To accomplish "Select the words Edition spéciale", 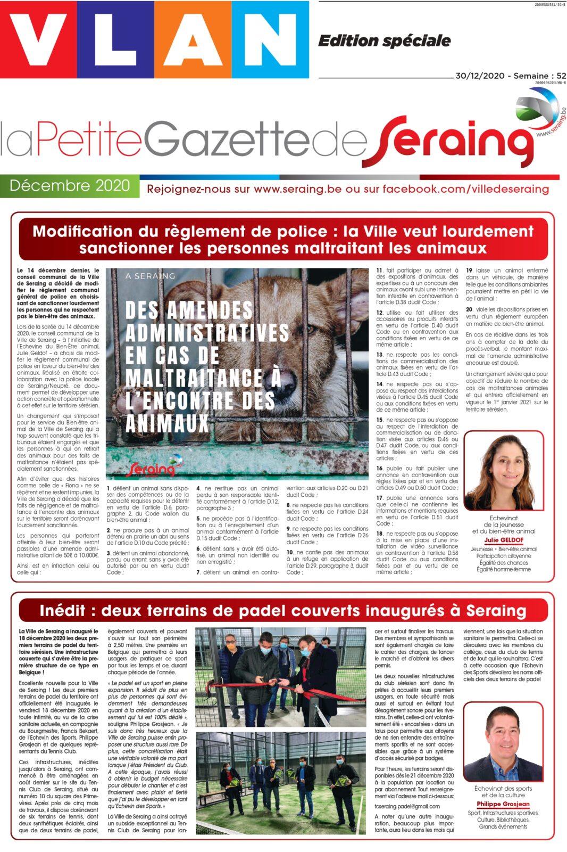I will click(384, 40).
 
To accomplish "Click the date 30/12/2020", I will click(480, 76).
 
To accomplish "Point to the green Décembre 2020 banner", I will click(70, 185).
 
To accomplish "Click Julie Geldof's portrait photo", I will click(503, 471).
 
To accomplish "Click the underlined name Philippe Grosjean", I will click(503, 804).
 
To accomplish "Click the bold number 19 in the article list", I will click(470, 271).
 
